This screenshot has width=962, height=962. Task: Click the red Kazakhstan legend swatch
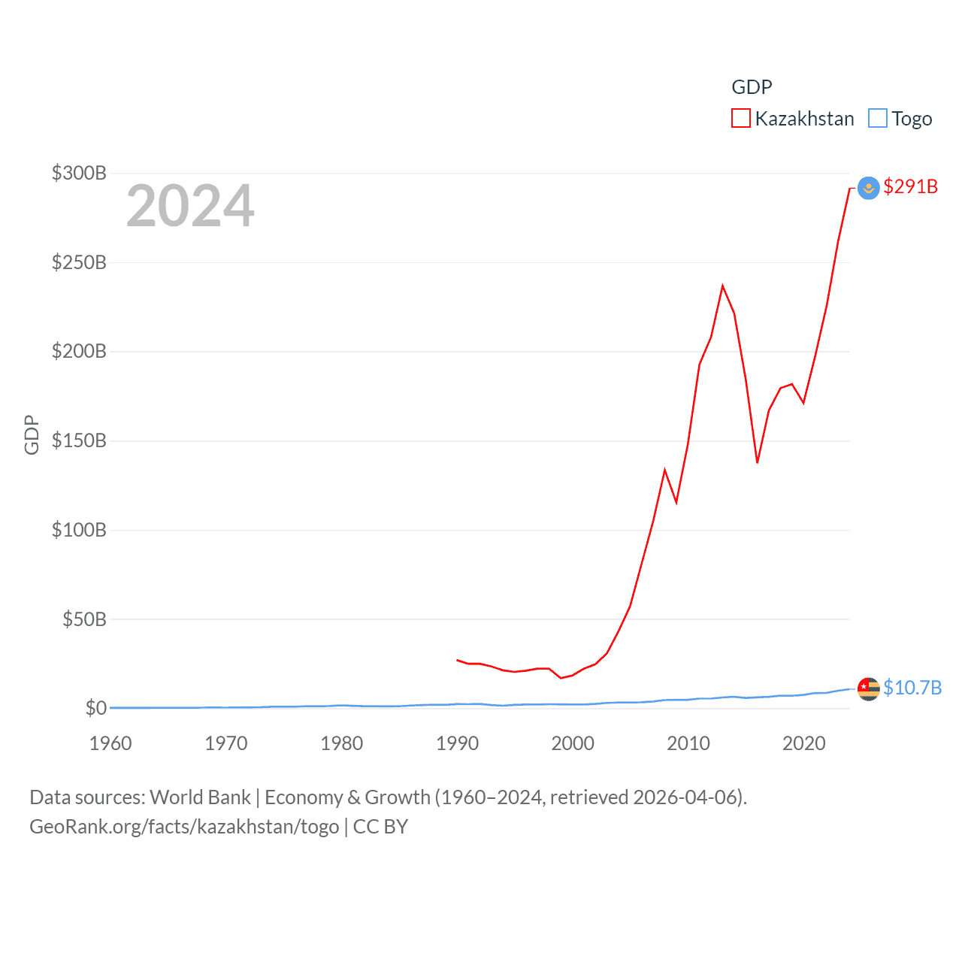[x=741, y=119]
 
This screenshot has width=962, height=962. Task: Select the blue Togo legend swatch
[x=878, y=119]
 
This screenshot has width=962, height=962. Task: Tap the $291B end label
[x=910, y=186]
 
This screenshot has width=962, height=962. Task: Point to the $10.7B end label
[x=912, y=688]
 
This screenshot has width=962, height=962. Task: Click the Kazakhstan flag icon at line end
[x=868, y=188]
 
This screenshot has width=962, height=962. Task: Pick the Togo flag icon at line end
[x=868, y=688]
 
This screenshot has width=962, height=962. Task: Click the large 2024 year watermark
[x=190, y=206]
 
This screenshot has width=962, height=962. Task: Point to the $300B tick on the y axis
[x=79, y=174]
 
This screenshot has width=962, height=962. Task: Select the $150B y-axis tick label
[x=79, y=440]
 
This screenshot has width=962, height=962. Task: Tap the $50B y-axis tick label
[x=84, y=619]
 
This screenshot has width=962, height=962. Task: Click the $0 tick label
[x=95, y=708]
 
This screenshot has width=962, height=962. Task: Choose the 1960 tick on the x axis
[x=110, y=743]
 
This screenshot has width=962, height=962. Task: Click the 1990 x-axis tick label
[x=457, y=743]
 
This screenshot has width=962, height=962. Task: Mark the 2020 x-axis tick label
[x=804, y=743]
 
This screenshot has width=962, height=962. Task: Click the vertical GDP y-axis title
[x=32, y=434]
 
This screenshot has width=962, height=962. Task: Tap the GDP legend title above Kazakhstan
[x=752, y=87]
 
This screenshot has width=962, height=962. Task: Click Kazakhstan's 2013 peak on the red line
[x=722, y=286]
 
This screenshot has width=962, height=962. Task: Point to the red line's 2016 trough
[x=757, y=462]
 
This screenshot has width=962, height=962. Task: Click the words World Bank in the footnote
[x=200, y=797]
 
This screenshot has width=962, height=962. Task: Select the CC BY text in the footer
[x=380, y=827]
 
